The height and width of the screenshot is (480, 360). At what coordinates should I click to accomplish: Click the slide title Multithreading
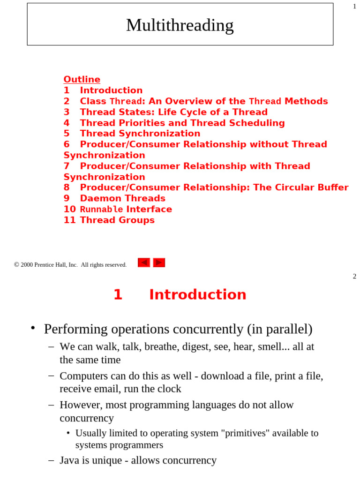tap(180, 25)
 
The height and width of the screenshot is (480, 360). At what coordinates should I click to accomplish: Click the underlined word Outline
tap(82, 80)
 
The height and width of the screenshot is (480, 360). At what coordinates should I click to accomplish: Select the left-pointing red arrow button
tap(143, 262)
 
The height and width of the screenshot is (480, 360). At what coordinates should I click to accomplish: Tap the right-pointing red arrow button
tap(159, 262)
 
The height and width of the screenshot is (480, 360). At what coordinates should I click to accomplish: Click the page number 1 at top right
tap(354, 6)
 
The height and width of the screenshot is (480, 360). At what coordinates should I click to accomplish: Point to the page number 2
tap(354, 277)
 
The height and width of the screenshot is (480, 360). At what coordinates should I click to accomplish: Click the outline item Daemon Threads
tap(122, 198)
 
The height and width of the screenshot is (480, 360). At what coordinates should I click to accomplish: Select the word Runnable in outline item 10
tap(101, 210)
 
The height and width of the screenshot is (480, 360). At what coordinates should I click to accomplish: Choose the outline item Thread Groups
tap(117, 220)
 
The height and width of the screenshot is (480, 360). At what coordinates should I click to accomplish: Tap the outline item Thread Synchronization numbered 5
tap(140, 134)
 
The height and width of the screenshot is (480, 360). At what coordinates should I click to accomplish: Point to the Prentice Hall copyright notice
tap(70, 265)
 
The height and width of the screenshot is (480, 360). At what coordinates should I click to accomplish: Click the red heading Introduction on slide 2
tap(197, 295)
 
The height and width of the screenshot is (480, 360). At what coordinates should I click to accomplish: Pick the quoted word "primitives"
tap(244, 433)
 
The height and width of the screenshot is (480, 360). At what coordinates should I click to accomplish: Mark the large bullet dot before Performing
tap(33, 328)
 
